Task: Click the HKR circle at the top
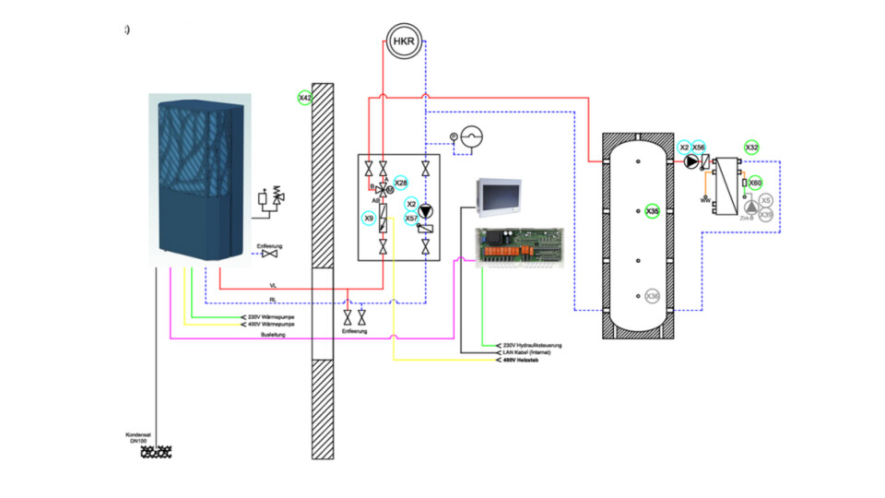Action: point(403,41)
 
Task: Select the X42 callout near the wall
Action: point(304,98)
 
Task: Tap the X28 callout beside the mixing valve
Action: point(400,183)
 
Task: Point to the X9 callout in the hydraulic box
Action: point(369,219)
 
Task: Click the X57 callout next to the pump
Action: point(411,219)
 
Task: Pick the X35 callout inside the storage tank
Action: point(653,211)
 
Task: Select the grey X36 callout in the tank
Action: point(653,296)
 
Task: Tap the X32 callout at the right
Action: point(752,148)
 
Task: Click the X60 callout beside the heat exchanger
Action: point(755,183)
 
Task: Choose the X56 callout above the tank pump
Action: point(699,148)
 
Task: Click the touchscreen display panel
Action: point(503,196)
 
